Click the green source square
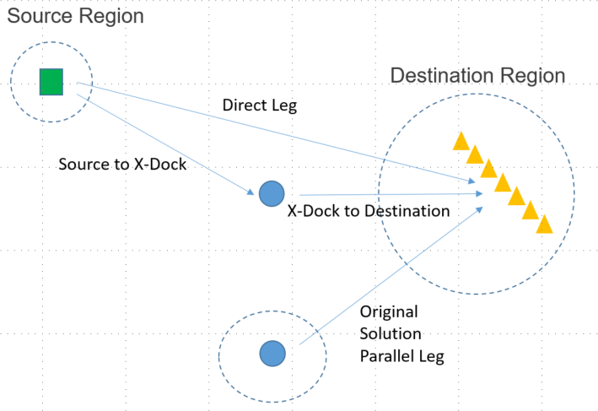(x=51, y=82)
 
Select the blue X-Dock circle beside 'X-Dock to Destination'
(x=271, y=194)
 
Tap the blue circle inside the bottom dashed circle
(x=272, y=354)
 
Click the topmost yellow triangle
(x=461, y=141)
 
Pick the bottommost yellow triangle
(x=545, y=224)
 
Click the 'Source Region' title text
(x=74, y=15)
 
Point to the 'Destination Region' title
(x=477, y=75)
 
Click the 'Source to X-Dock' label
(x=122, y=164)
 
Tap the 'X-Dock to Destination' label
(x=369, y=211)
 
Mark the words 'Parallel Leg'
(x=401, y=355)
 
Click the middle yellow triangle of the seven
(x=503, y=182)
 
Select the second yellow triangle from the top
(x=474, y=154)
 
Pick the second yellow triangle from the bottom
(x=531, y=211)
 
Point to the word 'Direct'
(x=243, y=106)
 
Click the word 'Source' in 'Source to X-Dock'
(x=81, y=164)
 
